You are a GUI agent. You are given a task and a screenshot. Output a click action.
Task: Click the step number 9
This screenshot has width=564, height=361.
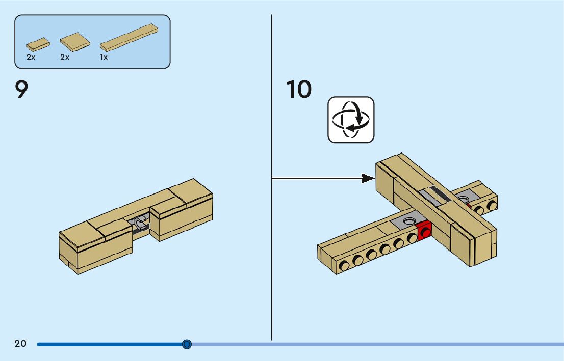(x=21, y=90)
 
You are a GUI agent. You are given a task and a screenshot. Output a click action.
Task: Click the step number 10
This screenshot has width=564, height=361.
(x=299, y=90)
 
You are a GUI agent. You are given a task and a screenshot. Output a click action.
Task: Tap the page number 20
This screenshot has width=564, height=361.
(x=20, y=344)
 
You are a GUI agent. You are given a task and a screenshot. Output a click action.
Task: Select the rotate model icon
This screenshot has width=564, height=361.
(x=351, y=120)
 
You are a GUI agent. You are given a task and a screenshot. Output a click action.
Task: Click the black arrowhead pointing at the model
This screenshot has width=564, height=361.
(x=368, y=178)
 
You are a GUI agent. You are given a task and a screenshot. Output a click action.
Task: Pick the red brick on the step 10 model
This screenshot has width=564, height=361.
(x=424, y=231)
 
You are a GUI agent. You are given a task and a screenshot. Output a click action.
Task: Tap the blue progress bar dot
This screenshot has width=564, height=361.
(x=187, y=344)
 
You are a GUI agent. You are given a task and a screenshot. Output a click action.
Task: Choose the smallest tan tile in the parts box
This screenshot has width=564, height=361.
(x=38, y=45)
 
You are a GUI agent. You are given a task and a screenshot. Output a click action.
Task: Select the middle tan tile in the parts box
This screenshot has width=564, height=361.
(x=75, y=42)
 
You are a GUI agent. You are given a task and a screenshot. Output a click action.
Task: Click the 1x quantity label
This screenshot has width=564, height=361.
(x=104, y=58)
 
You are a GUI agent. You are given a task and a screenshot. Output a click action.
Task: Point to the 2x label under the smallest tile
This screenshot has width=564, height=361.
(x=31, y=58)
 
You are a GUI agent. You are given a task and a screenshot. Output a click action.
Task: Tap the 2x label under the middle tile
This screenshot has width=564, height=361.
(x=64, y=58)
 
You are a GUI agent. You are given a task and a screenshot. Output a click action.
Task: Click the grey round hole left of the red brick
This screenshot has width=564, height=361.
(x=408, y=221)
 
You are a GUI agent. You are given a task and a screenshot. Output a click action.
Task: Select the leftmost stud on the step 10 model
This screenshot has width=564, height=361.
(x=345, y=264)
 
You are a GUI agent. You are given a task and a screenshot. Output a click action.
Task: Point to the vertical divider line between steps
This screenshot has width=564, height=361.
(x=272, y=255)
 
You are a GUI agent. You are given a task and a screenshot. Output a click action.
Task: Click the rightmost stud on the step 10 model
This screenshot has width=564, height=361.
(x=492, y=205)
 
